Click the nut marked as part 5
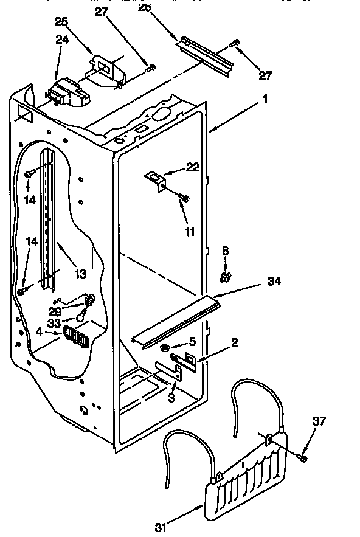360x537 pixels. (165, 348)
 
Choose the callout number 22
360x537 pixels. (193, 168)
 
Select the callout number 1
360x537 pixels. (265, 99)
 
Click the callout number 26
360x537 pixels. (144, 7)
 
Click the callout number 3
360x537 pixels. (172, 398)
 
